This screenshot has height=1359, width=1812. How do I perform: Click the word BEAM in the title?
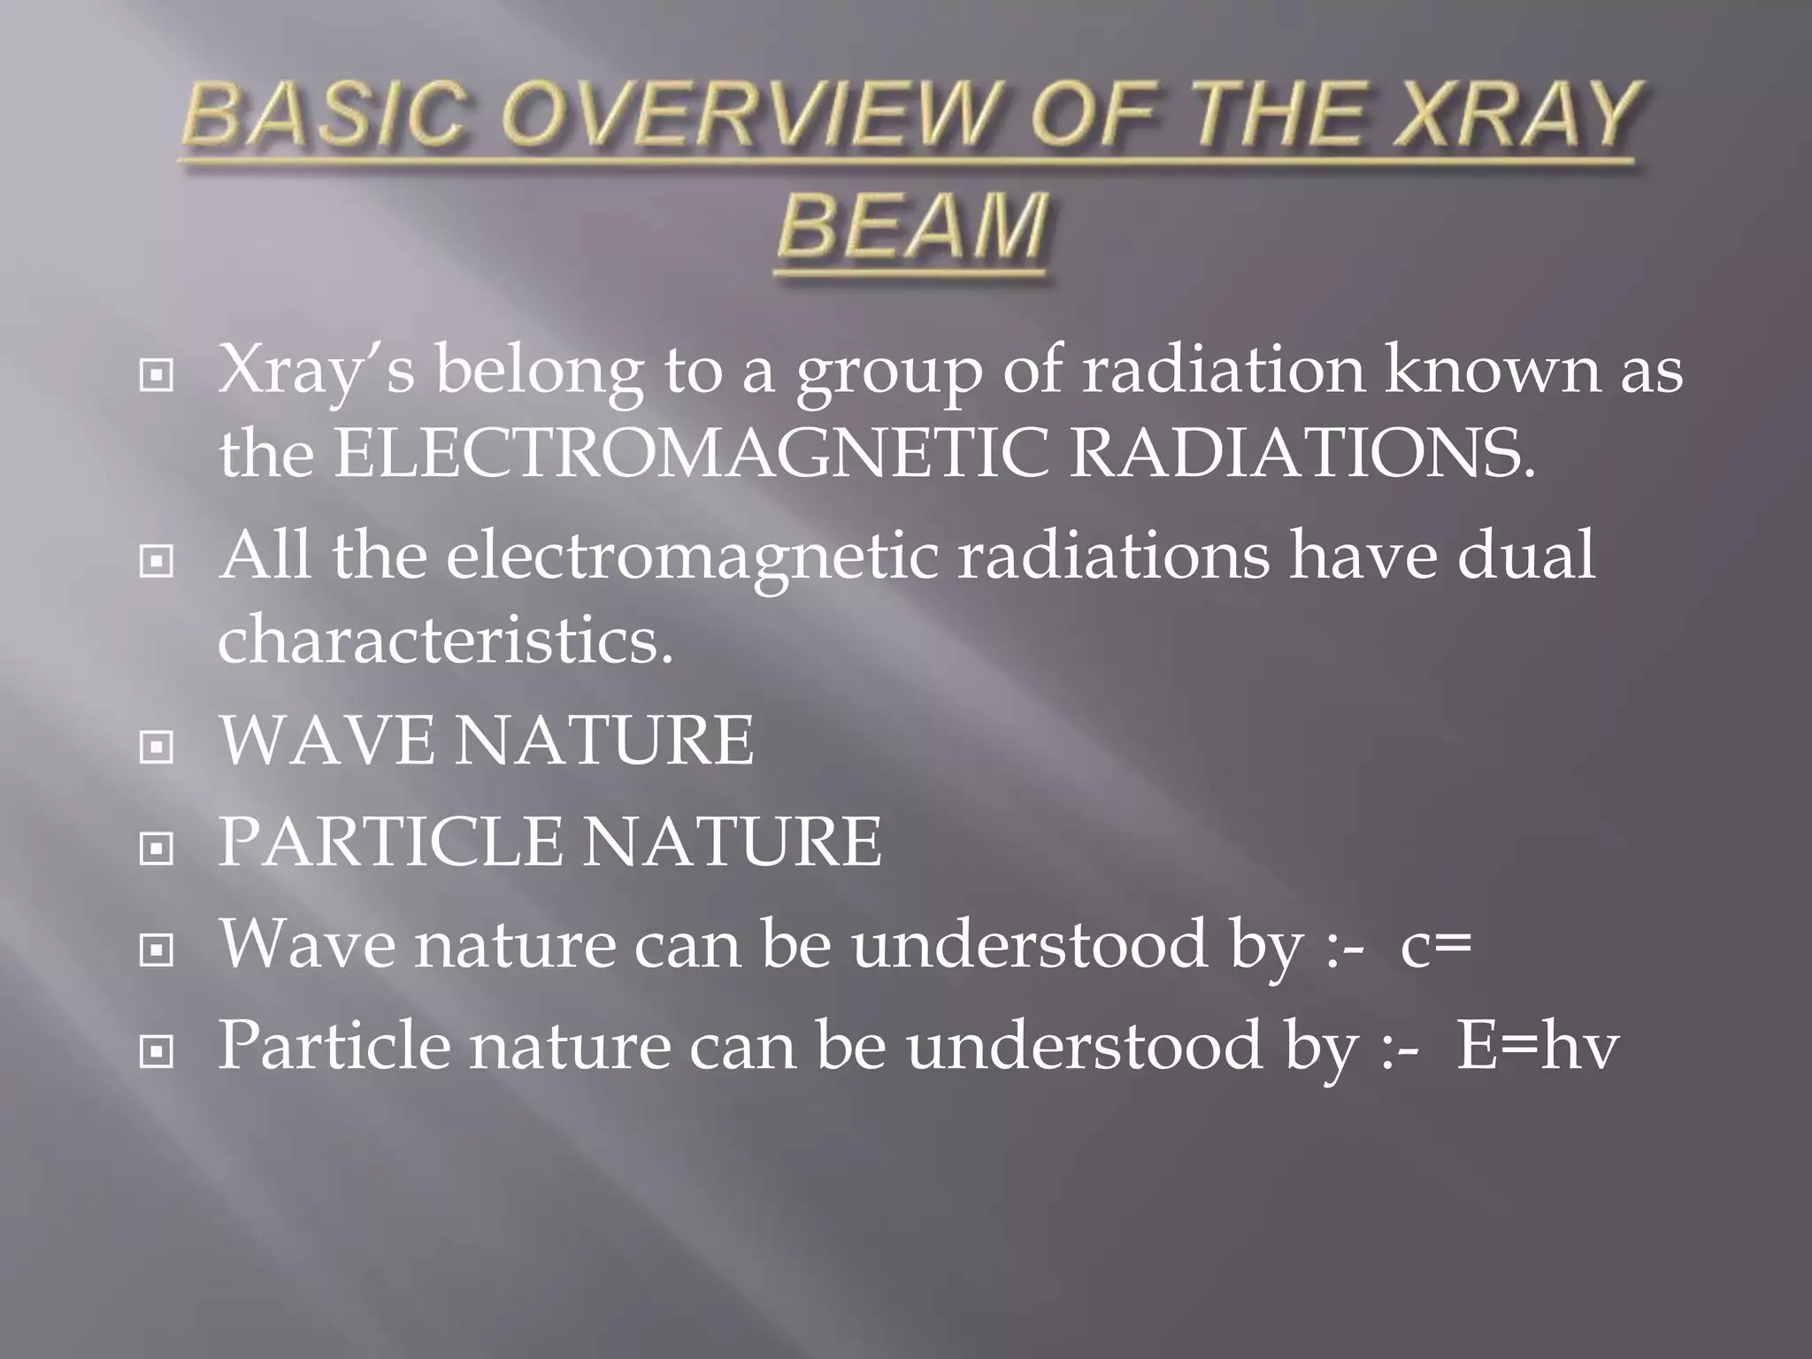pos(913,226)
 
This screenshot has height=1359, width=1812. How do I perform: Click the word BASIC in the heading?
pos(323,116)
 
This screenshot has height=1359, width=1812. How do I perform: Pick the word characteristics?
pos(445,640)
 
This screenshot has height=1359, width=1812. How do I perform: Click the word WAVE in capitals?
pos(326,741)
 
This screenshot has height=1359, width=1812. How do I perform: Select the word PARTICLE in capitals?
pos(389,841)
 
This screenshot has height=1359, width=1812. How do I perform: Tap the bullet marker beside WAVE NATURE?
pos(157,748)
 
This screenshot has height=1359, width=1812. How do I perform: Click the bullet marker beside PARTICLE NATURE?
pos(157,848)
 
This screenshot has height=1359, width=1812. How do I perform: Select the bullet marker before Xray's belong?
pos(157,377)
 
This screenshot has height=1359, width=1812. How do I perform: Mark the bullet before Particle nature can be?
pos(157,1051)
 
